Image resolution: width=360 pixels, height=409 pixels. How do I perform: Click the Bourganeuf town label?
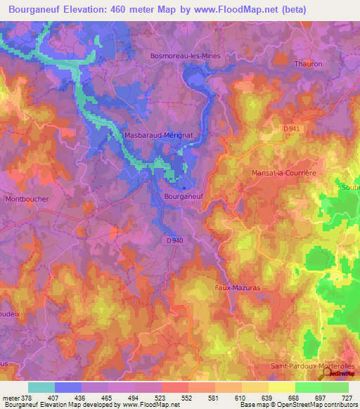(183, 197)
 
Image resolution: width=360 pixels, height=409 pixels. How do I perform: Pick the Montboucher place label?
(27, 199)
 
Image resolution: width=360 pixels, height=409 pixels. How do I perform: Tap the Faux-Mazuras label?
(237, 287)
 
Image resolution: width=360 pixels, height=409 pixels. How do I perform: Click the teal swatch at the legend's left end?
(41, 387)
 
